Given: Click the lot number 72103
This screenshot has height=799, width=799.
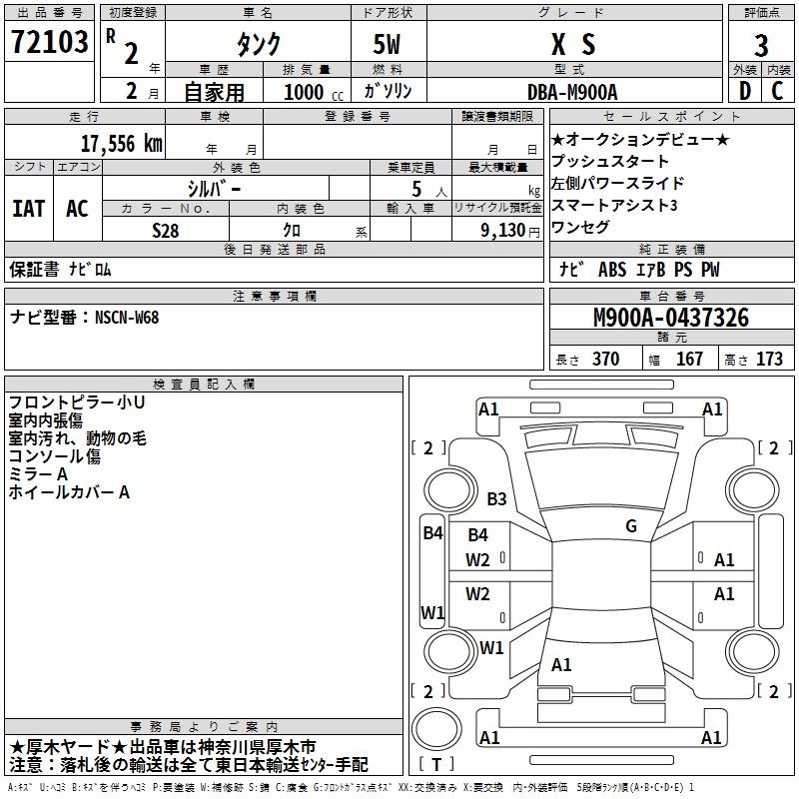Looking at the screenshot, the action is pos(50,43).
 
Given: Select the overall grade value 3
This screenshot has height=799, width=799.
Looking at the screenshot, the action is pos(761,45).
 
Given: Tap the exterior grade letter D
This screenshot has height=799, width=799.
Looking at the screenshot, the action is pos(744,91).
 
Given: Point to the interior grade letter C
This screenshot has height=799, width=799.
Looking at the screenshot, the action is pos(777,91).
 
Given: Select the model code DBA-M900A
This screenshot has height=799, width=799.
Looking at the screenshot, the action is pos(572,92).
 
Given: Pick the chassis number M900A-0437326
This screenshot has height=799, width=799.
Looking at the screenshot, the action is pos(670,318).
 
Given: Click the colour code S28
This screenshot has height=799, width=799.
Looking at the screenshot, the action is pos(166,230).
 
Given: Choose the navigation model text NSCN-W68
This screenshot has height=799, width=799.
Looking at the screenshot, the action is pos(127,318).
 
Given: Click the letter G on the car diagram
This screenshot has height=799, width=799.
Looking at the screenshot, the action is pos(631,525).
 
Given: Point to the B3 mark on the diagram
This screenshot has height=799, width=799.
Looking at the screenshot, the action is pos(497,498).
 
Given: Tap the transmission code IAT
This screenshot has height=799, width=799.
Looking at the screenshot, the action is pos(28,208).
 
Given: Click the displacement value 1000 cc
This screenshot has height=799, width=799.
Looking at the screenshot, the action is pos(311,92).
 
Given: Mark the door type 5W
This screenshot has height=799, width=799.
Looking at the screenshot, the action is pos(390,44).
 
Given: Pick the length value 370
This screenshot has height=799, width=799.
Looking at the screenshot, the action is pos(605,360).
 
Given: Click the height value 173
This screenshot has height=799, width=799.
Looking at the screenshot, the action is pos(769,360).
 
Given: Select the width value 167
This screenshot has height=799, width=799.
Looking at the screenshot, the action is pos(689,360).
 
